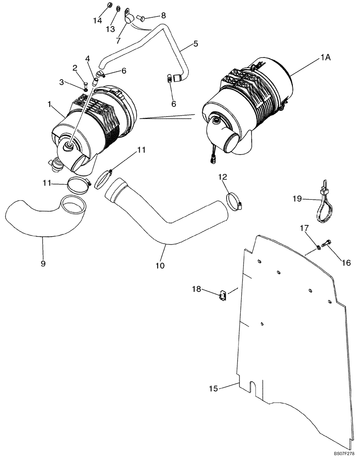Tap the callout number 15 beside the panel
pyautogui.click(x=213, y=388)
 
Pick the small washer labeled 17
pyautogui.click(x=318, y=247)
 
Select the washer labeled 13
pyautogui.click(x=118, y=9)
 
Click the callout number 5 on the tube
pyautogui.click(x=195, y=44)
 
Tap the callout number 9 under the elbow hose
pyautogui.click(x=43, y=264)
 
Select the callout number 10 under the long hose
pyautogui.click(x=159, y=265)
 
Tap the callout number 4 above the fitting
pyautogui.click(x=88, y=58)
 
